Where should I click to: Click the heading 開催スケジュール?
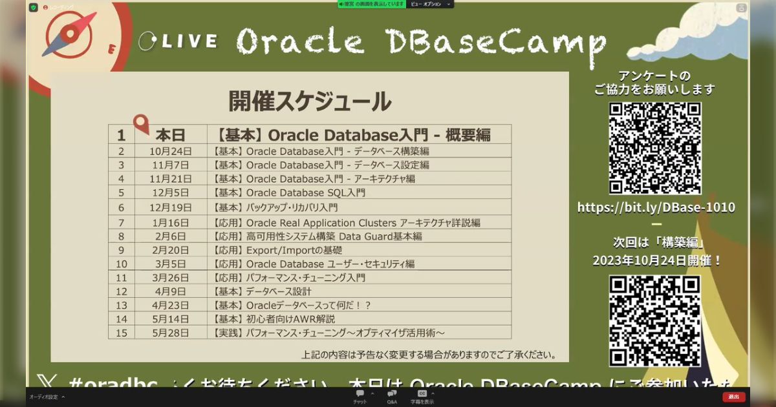[310, 101]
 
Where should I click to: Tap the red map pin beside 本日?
[140, 124]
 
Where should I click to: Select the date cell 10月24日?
[170, 151]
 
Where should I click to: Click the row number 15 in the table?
[121, 333]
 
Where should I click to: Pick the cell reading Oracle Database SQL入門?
[289, 193]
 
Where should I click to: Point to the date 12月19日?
[170, 207]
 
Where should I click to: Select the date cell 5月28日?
[170, 333]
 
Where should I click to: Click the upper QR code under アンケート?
[655, 148]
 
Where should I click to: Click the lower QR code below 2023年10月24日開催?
[654, 320]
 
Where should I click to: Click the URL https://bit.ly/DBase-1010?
[656, 207]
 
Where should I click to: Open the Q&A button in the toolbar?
[392, 397]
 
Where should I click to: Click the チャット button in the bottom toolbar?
[360, 397]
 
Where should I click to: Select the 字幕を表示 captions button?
[422, 397]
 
